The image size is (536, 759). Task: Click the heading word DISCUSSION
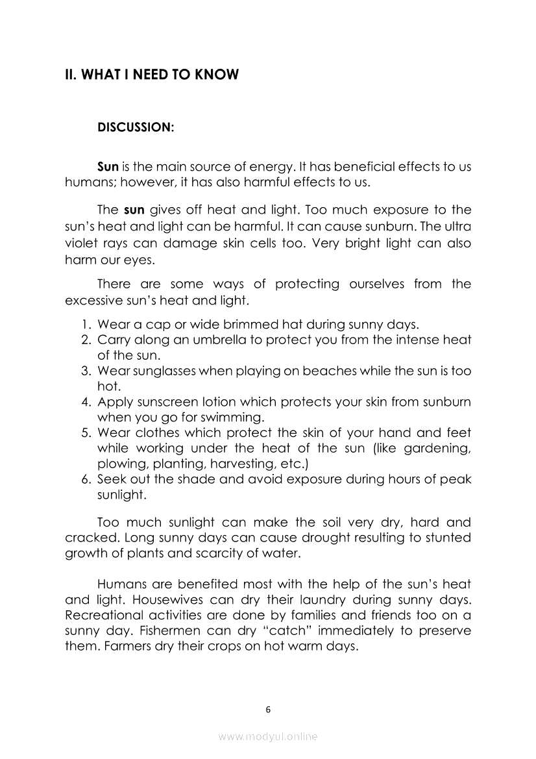[x=135, y=127]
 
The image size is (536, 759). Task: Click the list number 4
[x=85, y=402]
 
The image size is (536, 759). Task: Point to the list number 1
[x=85, y=324]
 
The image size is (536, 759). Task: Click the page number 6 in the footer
[x=268, y=709]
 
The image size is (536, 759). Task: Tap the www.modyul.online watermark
[x=268, y=737]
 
